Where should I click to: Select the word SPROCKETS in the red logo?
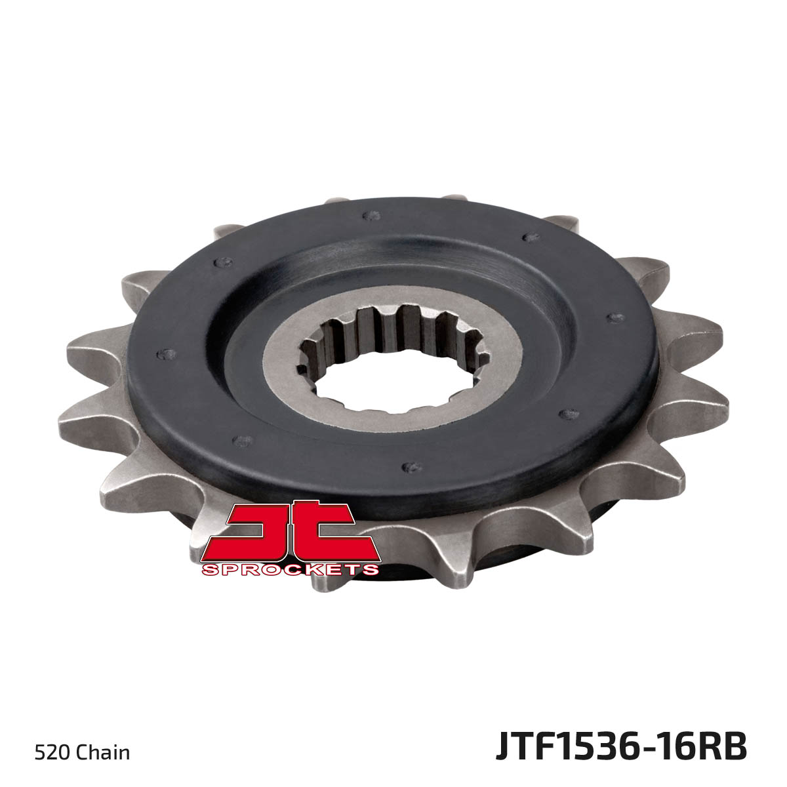pyautogui.click(x=290, y=570)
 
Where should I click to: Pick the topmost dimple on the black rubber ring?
pyautogui.click(x=371, y=215)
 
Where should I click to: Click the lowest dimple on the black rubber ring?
pyautogui.click(x=412, y=467)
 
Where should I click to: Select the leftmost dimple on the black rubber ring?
pyautogui.click(x=166, y=354)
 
